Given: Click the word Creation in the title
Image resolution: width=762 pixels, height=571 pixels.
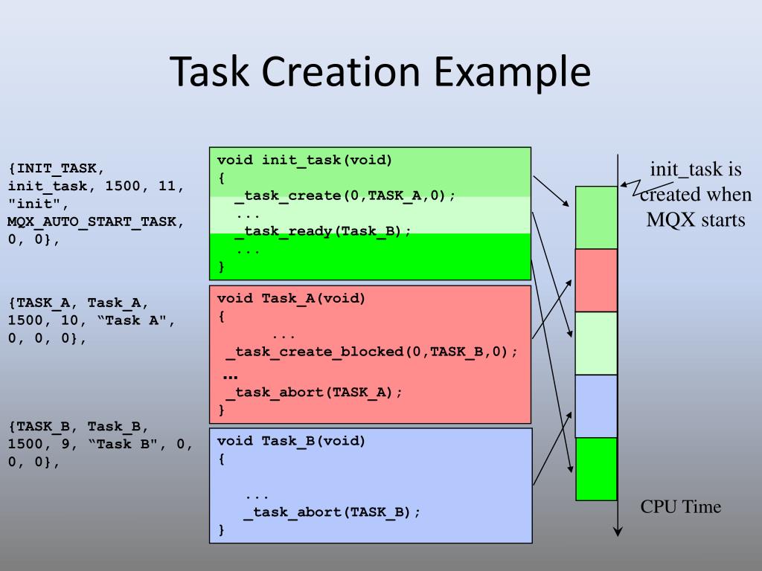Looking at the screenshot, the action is (x=341, y=71).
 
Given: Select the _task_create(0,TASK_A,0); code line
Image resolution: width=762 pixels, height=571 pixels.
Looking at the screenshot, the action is (x=345, y=196).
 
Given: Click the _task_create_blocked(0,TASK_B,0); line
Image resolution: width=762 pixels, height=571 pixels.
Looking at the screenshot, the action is (x=372, y=352).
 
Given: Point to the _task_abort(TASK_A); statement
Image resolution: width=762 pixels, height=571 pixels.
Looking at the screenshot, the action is (x=314, y=393).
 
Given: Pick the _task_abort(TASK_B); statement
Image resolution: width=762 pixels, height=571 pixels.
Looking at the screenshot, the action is (x=332, y=512).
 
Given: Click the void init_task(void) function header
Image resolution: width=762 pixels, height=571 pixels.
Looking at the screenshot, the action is (x=304, y=161).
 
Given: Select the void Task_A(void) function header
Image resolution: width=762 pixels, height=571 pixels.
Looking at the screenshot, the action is (x=291, y=298).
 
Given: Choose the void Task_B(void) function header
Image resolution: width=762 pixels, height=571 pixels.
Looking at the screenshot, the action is (x=291, y=441).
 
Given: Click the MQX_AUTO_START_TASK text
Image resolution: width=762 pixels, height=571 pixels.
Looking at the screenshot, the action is (x=95, y=222).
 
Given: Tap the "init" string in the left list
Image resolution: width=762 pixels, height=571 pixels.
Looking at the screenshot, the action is (x=38, y=204).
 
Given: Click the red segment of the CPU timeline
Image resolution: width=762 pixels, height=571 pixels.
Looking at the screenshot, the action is (x=596, y=280).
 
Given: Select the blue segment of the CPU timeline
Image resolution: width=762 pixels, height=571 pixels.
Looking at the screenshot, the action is (x=596, y=406).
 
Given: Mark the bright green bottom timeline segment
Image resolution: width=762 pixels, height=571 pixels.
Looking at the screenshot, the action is (x=596, y=469).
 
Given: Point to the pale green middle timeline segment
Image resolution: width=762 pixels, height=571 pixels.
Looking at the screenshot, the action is (x=596, y=343).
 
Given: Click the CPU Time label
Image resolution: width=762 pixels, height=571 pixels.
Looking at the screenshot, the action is (x=680, y=507).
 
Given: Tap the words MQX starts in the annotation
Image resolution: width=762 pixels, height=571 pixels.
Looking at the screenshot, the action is (x=696, y=220).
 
